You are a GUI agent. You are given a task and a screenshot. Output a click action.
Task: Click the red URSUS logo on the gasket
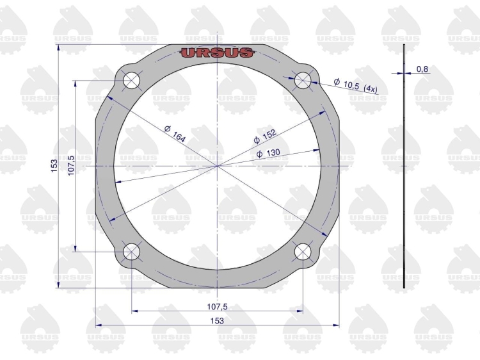(x=217, y=53)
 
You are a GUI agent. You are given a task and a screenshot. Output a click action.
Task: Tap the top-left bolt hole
(x=131, y=81)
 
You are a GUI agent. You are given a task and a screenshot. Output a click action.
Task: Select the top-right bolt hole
(x=303, y=81)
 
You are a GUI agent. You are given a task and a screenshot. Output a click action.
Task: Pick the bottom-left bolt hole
(x=131, y=252)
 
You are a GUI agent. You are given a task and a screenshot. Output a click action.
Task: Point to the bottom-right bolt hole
(x=303, y=252)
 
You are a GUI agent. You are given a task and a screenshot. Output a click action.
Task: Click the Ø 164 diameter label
(x=175, y=134)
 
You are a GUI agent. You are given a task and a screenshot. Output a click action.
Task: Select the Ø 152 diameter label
(x=265, y=136)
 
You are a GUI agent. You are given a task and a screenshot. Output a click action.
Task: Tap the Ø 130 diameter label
(x=268, y=153)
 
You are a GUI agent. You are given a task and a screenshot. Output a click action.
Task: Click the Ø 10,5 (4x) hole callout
(x=356, y=86)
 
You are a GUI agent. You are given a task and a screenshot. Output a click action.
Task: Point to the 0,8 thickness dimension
(x=422, y=69)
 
